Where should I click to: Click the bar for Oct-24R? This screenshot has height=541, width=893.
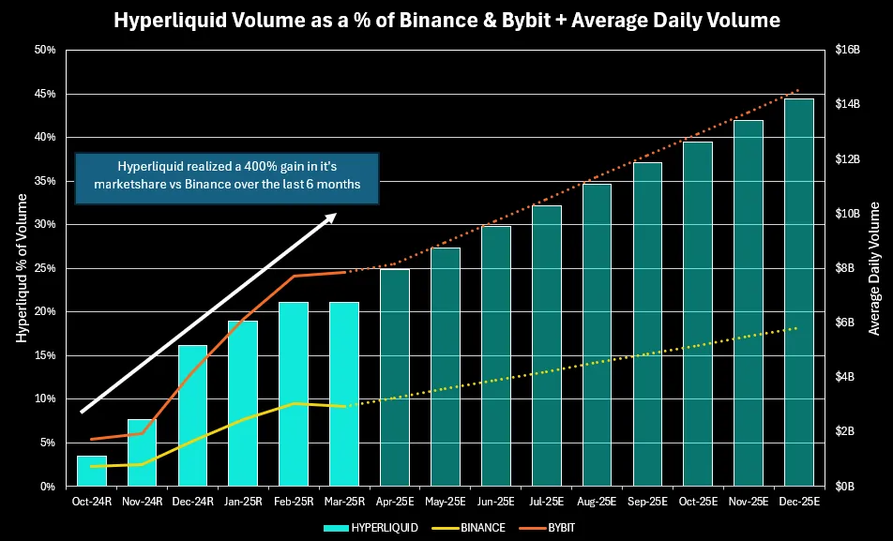tap(92, 471)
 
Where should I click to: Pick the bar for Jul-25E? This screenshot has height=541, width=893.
tap(546, 346)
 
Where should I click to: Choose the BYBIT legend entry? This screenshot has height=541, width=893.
tap(559, 528)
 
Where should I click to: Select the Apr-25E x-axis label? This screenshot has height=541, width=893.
tap(395, 502)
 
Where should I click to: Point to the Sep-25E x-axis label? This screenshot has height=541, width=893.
tap(647, 502)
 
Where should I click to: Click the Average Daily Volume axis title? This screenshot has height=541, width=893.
tap(873, 267)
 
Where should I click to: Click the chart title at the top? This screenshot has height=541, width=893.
tap(446, 19)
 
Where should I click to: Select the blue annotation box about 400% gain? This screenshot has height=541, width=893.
tap(226, 178)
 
